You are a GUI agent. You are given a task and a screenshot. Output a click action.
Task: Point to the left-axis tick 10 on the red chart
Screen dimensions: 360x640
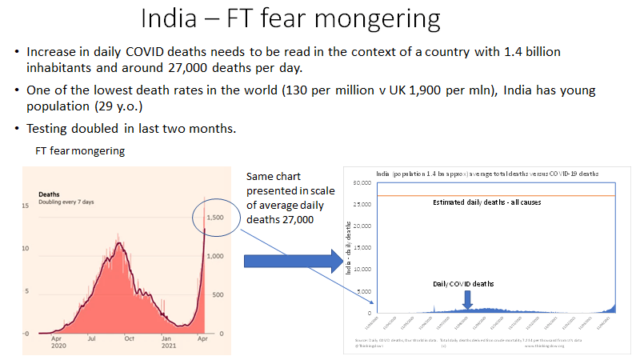[x=26, y=249]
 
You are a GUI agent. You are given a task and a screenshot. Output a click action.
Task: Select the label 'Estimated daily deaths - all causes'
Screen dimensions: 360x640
[x=486, y=202]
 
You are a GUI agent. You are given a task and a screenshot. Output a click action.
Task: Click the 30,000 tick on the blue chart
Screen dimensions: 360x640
[x=362, y=183]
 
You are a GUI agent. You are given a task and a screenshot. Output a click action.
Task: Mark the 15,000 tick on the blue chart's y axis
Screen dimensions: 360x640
[x=362, y=248]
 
